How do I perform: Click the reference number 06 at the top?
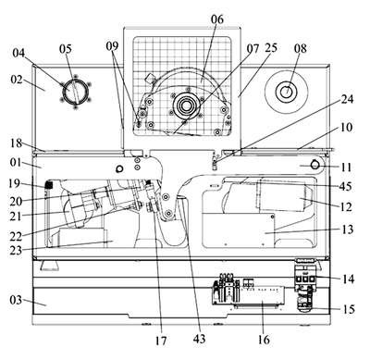pyautogui.click(x=217, y=19)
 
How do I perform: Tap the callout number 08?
pyautogui.click(x=301, y=48)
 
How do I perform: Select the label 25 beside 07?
pyautogui.click(x=271, y=48)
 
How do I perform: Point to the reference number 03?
pyautogui.click(x=16, y=300)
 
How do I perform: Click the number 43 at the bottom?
pyautogui.click(x=199, y=339)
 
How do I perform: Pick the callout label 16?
pyautogui.click(x=264, y=340)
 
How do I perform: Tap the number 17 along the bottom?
pyautogui.click(x=161, y=341)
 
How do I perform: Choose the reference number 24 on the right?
pyautogui.click(x=347, y=99)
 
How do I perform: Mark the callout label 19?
pyautogui.click(x=14, y=183)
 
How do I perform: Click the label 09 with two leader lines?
pyautogui.click(x=112, y=46)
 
